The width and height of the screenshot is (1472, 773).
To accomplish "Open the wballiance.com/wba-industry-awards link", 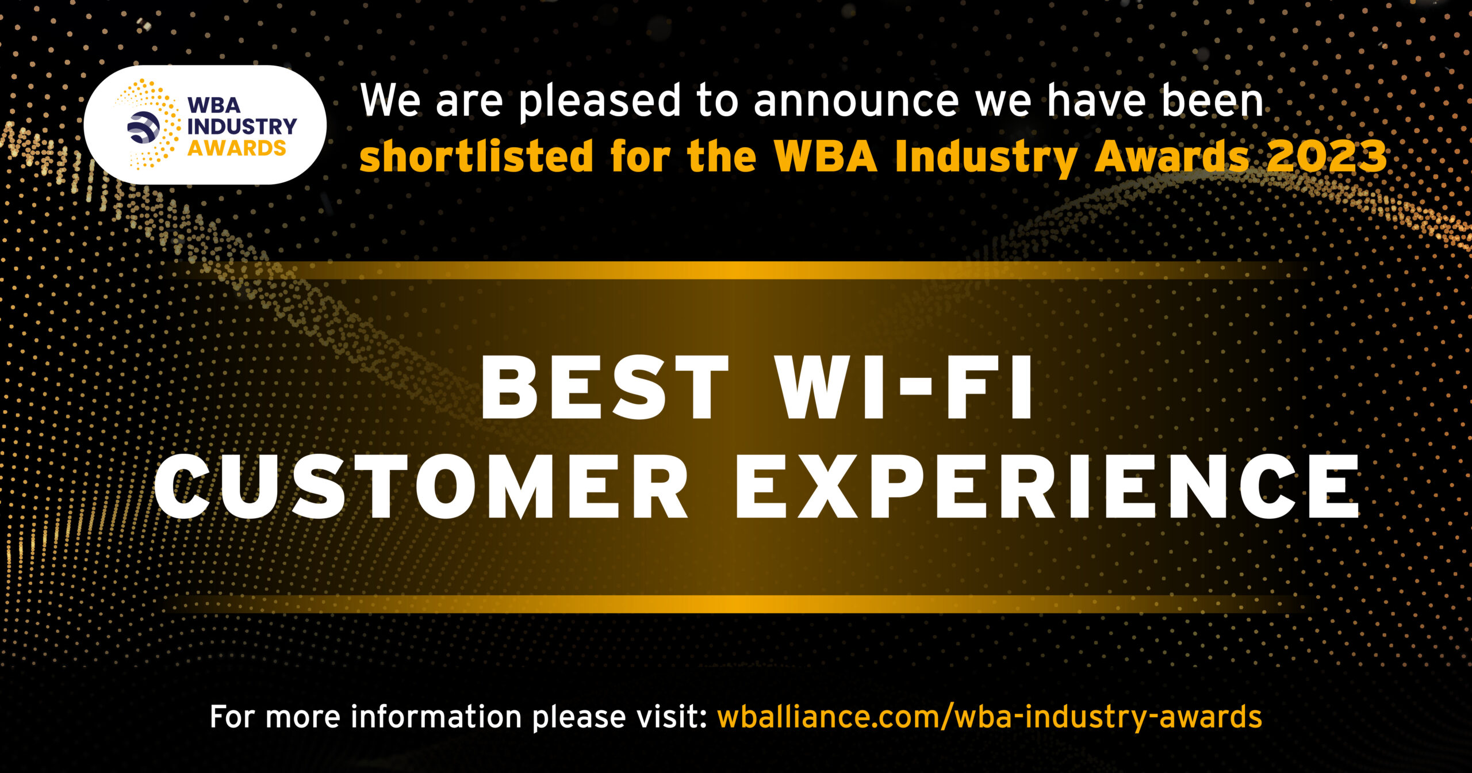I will pyautogui.click(x=989, y=718).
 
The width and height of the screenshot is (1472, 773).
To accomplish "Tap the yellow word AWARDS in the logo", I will pyautogui.click(x=236, y=148).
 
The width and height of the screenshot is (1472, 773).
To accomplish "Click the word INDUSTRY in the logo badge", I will pyautogui.click(x=241, y=127).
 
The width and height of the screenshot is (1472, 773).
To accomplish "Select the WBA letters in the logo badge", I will pyautogui.click(x=214, y=105).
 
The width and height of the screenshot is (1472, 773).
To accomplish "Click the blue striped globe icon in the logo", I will pyautogui.click(x=143, y=127).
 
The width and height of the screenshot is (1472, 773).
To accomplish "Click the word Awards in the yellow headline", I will pyautogui.click(x=1171, y=156).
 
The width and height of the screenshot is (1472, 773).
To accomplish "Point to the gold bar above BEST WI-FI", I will pyautogui.click(x=736, y=270).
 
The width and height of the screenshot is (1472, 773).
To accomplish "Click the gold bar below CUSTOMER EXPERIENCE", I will pyautogui.click(x=736, y=604).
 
